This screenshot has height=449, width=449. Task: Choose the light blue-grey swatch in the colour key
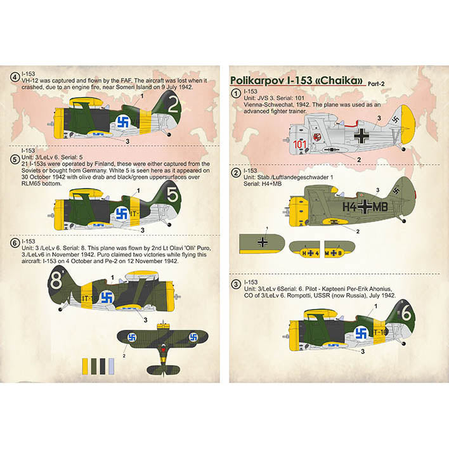coord(112,366)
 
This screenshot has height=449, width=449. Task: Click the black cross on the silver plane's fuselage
coord(361,134)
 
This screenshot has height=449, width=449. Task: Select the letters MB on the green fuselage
coord(386,207)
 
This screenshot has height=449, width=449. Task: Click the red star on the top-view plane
coord(162,348)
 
